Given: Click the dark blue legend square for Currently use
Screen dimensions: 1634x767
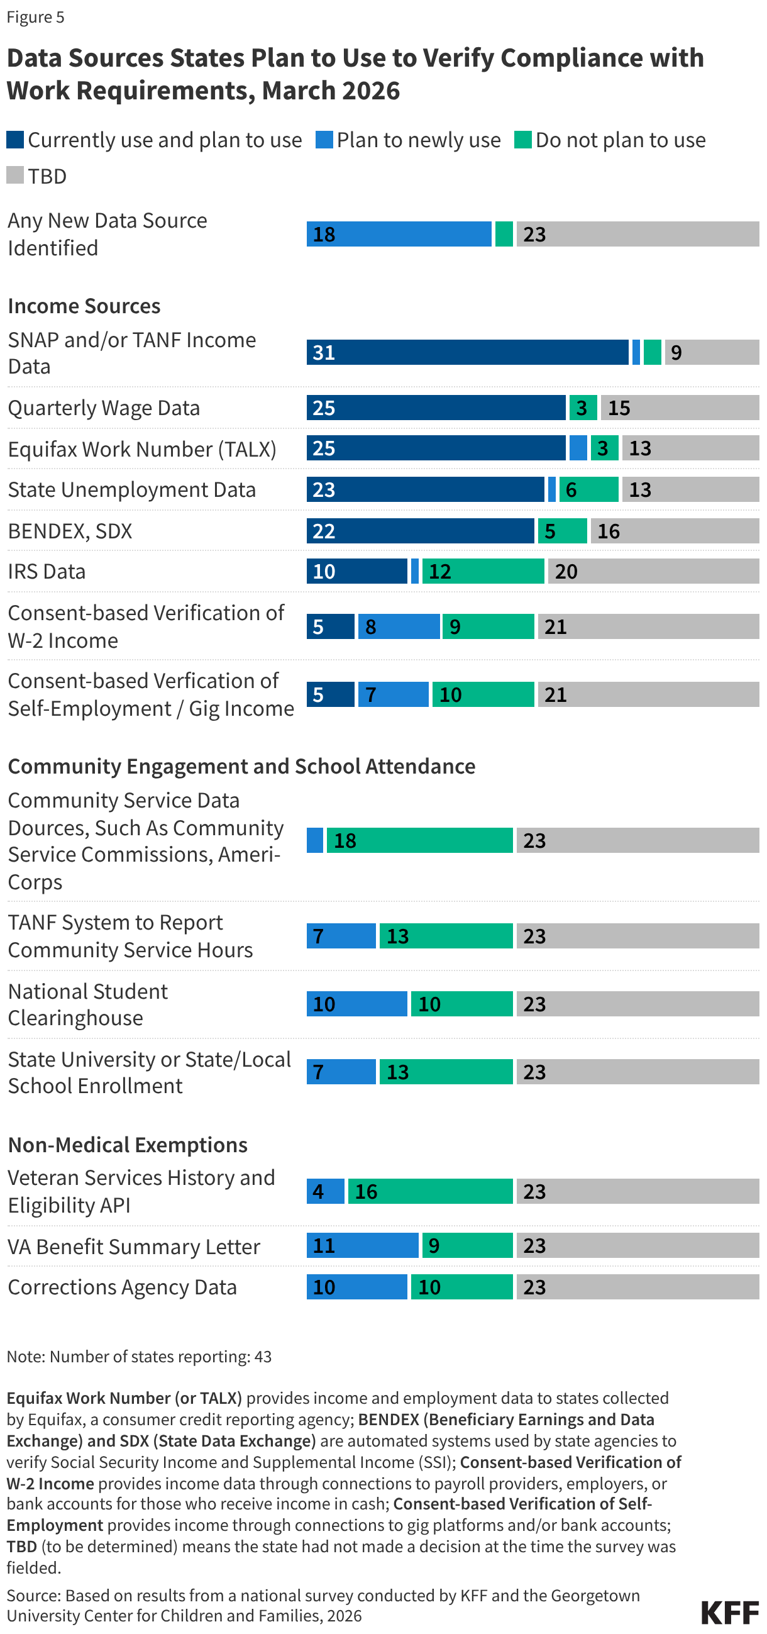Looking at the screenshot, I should (15, 140).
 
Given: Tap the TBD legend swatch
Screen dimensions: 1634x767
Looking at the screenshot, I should (15, 175).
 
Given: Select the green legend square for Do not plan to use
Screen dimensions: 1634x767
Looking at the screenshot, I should (523, 140).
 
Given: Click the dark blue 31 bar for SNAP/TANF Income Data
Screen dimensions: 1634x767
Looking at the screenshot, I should (467, 352).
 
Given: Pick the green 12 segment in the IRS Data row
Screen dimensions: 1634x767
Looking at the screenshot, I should (483, 571).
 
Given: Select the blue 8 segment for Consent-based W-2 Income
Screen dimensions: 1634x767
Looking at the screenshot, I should (398, 626).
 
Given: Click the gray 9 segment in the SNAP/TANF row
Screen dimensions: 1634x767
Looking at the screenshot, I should (711, 352).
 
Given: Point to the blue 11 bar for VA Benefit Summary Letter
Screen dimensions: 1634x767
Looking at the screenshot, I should (363, 1245).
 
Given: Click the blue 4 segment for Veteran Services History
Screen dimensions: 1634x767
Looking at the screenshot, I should (325, 1191).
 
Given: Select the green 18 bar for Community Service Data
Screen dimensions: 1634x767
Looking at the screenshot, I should (419, 840).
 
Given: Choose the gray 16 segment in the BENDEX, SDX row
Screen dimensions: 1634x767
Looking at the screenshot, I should (675, 531).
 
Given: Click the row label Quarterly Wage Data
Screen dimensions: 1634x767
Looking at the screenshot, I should (104, 408).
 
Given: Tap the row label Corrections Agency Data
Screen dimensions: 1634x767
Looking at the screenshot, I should (123, 1287).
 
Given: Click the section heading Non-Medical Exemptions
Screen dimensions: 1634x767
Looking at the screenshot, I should (128, 1145).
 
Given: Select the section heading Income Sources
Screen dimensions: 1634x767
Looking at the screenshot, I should (84, 306).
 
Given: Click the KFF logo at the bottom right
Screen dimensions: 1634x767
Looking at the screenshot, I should (730, 1612).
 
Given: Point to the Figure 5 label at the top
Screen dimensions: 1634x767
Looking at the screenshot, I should (35, 17).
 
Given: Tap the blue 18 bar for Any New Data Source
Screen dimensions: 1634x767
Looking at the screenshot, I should (399, 234).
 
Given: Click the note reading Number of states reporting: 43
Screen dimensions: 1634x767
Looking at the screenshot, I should (139, 1356).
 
